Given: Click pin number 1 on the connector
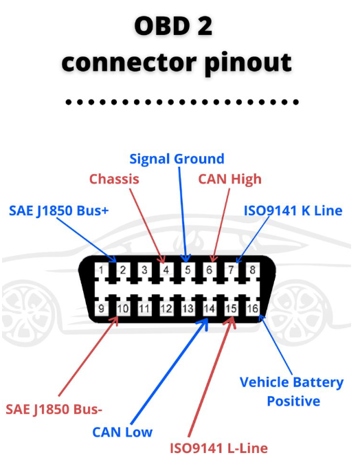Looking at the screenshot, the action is pos(101,270).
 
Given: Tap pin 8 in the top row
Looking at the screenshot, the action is pos(252,270).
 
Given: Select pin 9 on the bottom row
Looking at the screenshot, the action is pos(101,308).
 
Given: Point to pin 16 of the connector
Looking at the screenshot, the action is pos(252,308).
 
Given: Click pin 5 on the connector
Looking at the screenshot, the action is pos(188,270).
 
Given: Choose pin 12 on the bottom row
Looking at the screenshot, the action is pos(166,308).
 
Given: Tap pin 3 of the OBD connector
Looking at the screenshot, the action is pos(144,270).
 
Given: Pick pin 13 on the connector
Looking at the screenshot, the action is pos(188,308).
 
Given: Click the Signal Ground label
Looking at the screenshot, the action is pos(177,160).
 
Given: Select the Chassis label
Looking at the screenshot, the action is pos(114,179).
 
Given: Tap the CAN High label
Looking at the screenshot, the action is pos(229,179).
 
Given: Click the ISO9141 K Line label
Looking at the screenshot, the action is pos(293,210).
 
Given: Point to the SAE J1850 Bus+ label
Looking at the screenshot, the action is pos(59,211).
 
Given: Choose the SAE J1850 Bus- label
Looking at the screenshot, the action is pos(54,409).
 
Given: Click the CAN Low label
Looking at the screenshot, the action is pos(122,432).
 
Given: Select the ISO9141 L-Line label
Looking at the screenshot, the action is pos(218,448).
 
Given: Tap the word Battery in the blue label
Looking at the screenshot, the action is pos(318,383).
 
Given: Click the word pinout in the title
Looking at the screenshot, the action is pos(248,63).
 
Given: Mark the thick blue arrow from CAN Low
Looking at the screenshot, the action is pos(169,371).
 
